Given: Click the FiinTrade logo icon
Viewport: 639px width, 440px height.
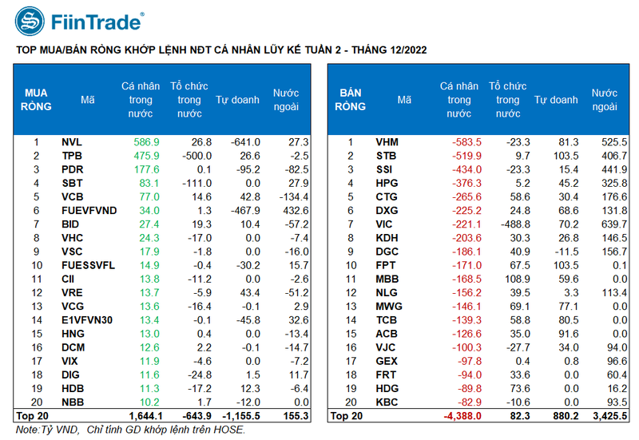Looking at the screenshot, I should pyautogui.click(x=30, y=22).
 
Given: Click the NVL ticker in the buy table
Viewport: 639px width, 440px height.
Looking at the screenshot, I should pyautogui.click(x=72, y=142).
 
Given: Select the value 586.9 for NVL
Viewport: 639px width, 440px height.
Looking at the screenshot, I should pyautogui.click(x=146, y=142).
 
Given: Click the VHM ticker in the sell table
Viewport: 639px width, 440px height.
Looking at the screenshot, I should pyautogui.click(x=387, y=142).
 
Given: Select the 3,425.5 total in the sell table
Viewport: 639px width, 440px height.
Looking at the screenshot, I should pyautogui.click(x=607, y=415).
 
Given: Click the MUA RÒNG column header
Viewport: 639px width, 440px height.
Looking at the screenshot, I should pyautogui.click(x=36, y=99).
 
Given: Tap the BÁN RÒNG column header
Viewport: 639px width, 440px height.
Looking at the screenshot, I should pyautogui.click(x=350, y=99).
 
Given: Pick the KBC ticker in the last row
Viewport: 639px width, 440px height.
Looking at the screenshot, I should pyautogui.click(x=387, y=402).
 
